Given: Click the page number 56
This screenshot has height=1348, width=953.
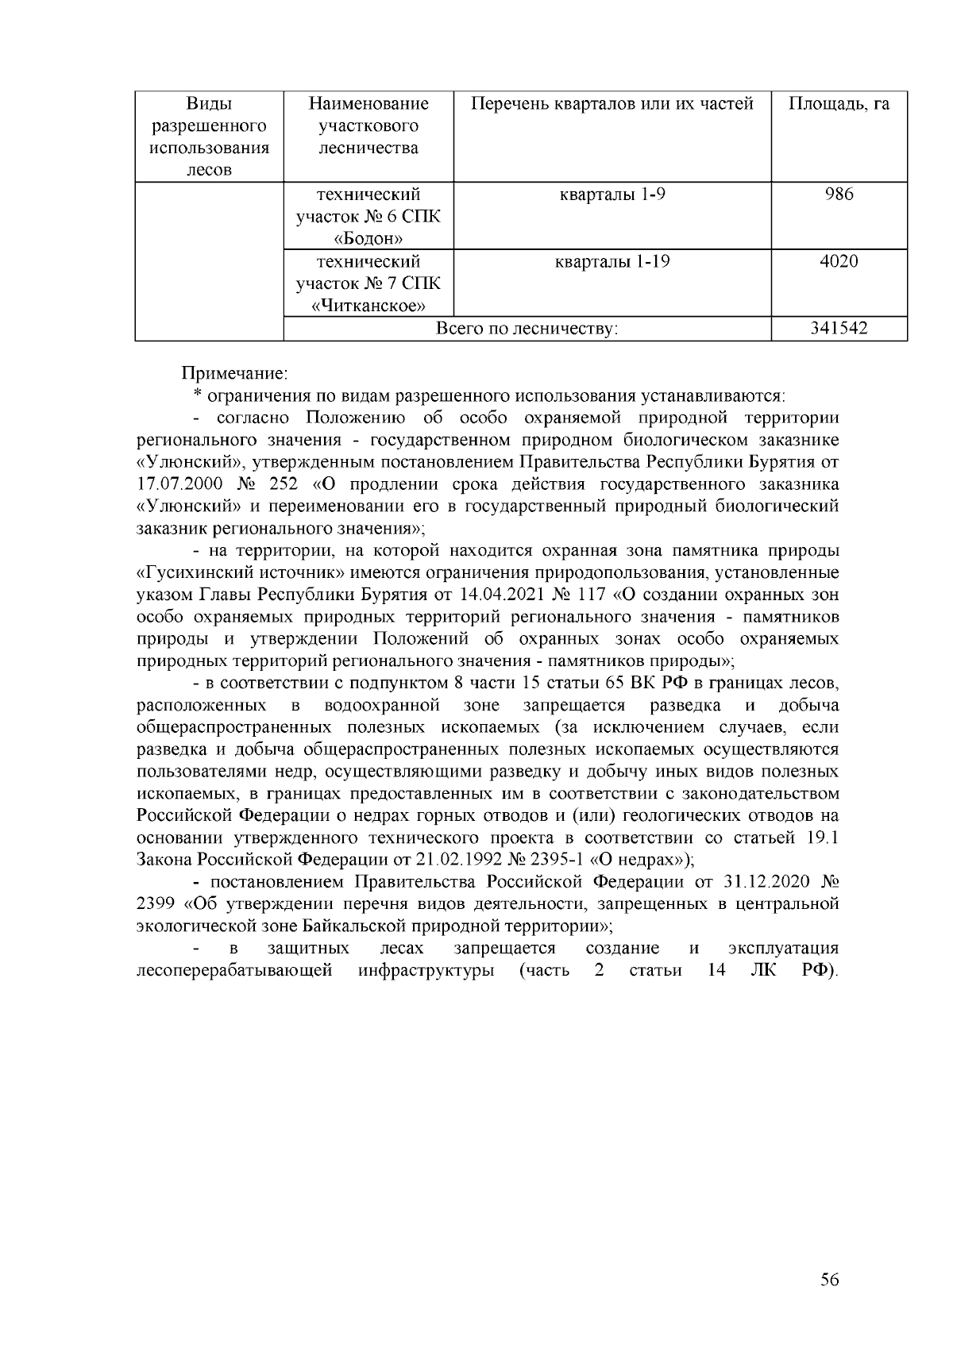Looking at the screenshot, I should point(829,1279).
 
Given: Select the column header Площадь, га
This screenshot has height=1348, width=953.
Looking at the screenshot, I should point(839,104).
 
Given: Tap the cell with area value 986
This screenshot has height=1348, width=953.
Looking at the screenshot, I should point(839,194).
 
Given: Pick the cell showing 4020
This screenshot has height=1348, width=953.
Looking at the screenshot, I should point(839,261).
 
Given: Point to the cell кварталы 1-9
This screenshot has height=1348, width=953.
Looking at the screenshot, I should point(612,194).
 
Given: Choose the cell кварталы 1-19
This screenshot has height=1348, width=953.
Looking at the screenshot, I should point(612,261).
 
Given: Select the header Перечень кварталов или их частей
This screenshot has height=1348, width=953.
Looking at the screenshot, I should point(612,104).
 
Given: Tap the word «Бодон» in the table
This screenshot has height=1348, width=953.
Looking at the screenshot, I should point(368,238).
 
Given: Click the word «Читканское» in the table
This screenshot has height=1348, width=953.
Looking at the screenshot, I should point(368,306).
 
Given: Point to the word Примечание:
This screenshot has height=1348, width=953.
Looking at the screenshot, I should point(235,372).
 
